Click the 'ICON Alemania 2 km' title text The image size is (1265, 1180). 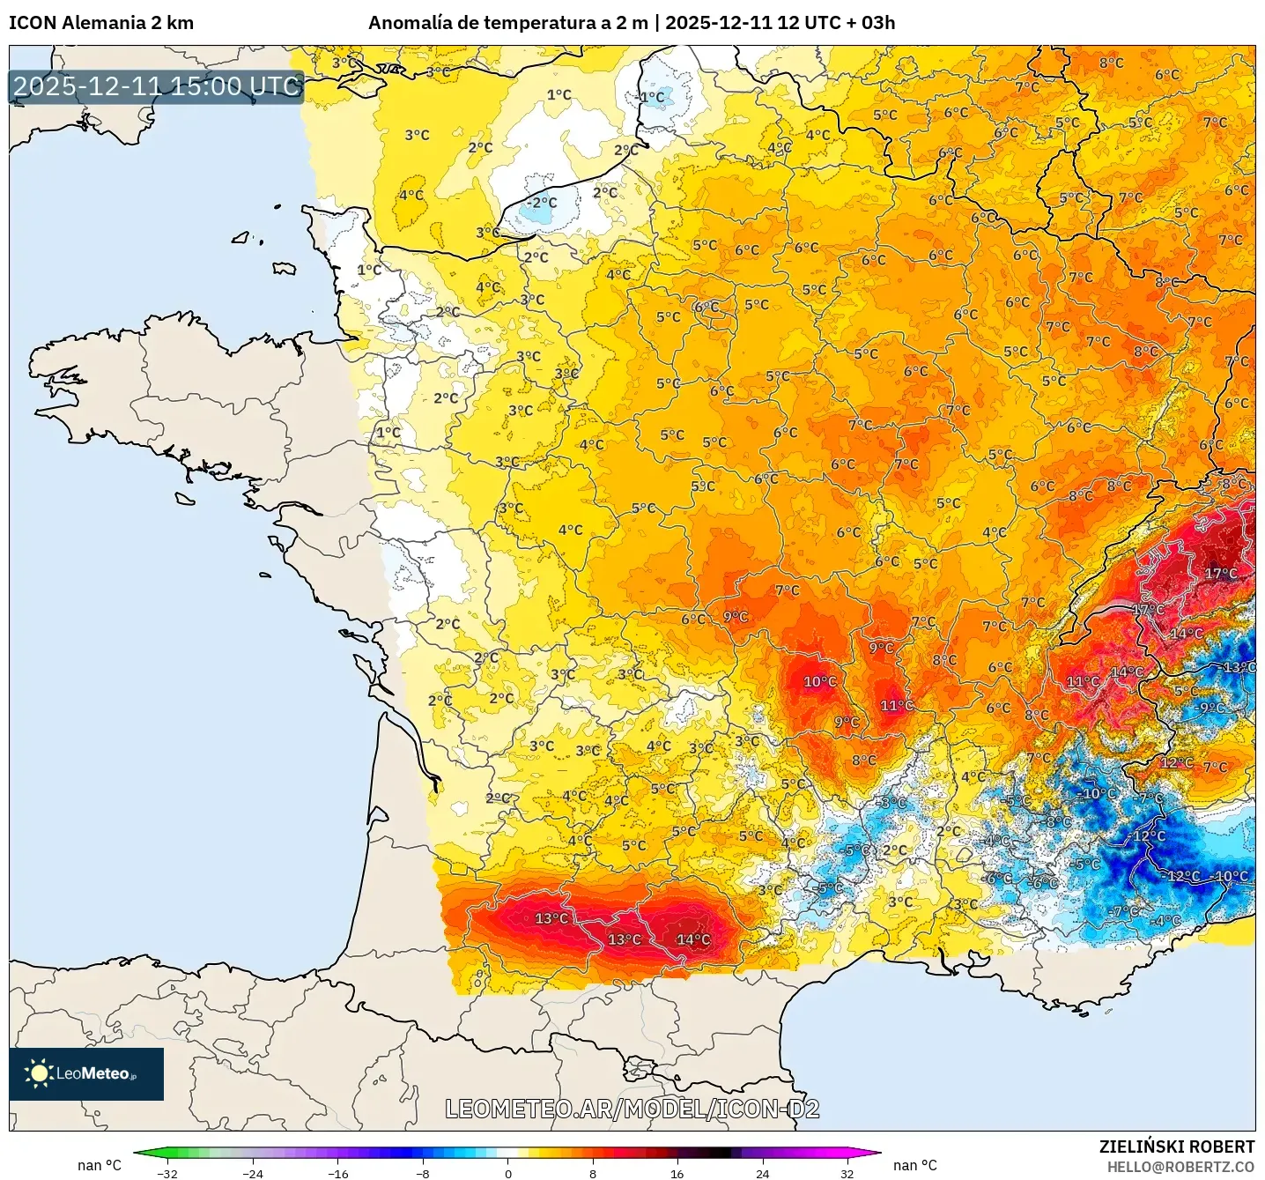tap(101, 23)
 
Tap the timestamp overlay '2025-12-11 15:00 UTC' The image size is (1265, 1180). tap(157, 86)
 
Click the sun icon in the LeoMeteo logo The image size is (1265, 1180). tap(39, 1072)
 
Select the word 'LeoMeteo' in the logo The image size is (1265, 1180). tap(92, 1073)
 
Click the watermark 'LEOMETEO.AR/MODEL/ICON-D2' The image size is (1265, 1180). tap(632, 1109)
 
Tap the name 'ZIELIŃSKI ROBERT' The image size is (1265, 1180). tap(1177, 1147)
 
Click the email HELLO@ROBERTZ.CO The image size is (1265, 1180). tap(1180, 1167)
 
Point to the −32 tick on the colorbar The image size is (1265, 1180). tap(166, 1173)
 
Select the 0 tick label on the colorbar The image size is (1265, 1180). tap(507, 1173)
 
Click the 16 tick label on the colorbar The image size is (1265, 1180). tap(677, 1173)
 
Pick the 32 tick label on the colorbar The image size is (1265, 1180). tap(847, 1173)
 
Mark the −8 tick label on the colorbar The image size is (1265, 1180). tap(423, 1173)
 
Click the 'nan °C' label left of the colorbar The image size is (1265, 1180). tap(100, 1165)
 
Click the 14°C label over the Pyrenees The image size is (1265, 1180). tap(693, 939)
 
